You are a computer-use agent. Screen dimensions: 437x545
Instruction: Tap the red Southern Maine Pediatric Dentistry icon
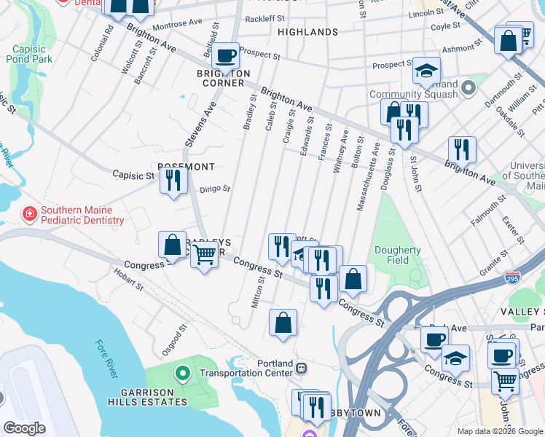[30, 214]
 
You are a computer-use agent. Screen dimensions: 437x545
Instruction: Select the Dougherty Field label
[398, 255]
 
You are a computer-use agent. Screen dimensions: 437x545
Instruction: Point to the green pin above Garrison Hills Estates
[182, 374]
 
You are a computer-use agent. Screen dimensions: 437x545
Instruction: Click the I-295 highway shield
[511, 278]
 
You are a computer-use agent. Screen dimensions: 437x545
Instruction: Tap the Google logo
[24, 428]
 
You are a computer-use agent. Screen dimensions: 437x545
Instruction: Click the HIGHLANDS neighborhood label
[308, 32]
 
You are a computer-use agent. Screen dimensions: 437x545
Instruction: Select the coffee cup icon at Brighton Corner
[226, 55]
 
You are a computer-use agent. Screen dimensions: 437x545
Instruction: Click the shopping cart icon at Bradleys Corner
[205, 255]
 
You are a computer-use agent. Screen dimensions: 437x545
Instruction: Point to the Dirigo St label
[215, 189]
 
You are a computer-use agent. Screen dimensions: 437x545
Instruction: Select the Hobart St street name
[129, 280]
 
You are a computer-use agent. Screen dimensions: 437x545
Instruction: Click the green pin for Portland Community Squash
[468, 88]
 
